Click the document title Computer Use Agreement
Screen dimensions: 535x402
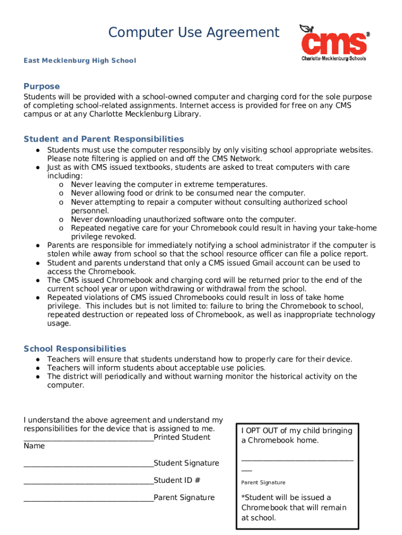tap(194, 33)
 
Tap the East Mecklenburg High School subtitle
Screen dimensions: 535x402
tap(79, 61)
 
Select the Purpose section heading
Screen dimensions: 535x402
tap(42, 86)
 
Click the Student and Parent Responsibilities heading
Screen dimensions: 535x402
tap(103, 139)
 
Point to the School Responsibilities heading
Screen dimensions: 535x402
tap(75, 348)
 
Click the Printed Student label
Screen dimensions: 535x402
tap(182, 437)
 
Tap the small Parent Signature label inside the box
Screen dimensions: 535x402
tap(263, 483)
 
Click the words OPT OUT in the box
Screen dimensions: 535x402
tap(263, 431)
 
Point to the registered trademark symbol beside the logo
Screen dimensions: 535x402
tap(368, 34)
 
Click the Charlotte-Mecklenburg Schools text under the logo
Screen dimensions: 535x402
tap(334, 59)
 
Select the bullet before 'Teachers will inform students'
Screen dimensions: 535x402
tap(39, 368)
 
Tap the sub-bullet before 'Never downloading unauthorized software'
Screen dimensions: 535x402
tap(62, 219)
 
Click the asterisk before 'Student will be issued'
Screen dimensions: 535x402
tap(243, 497)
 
